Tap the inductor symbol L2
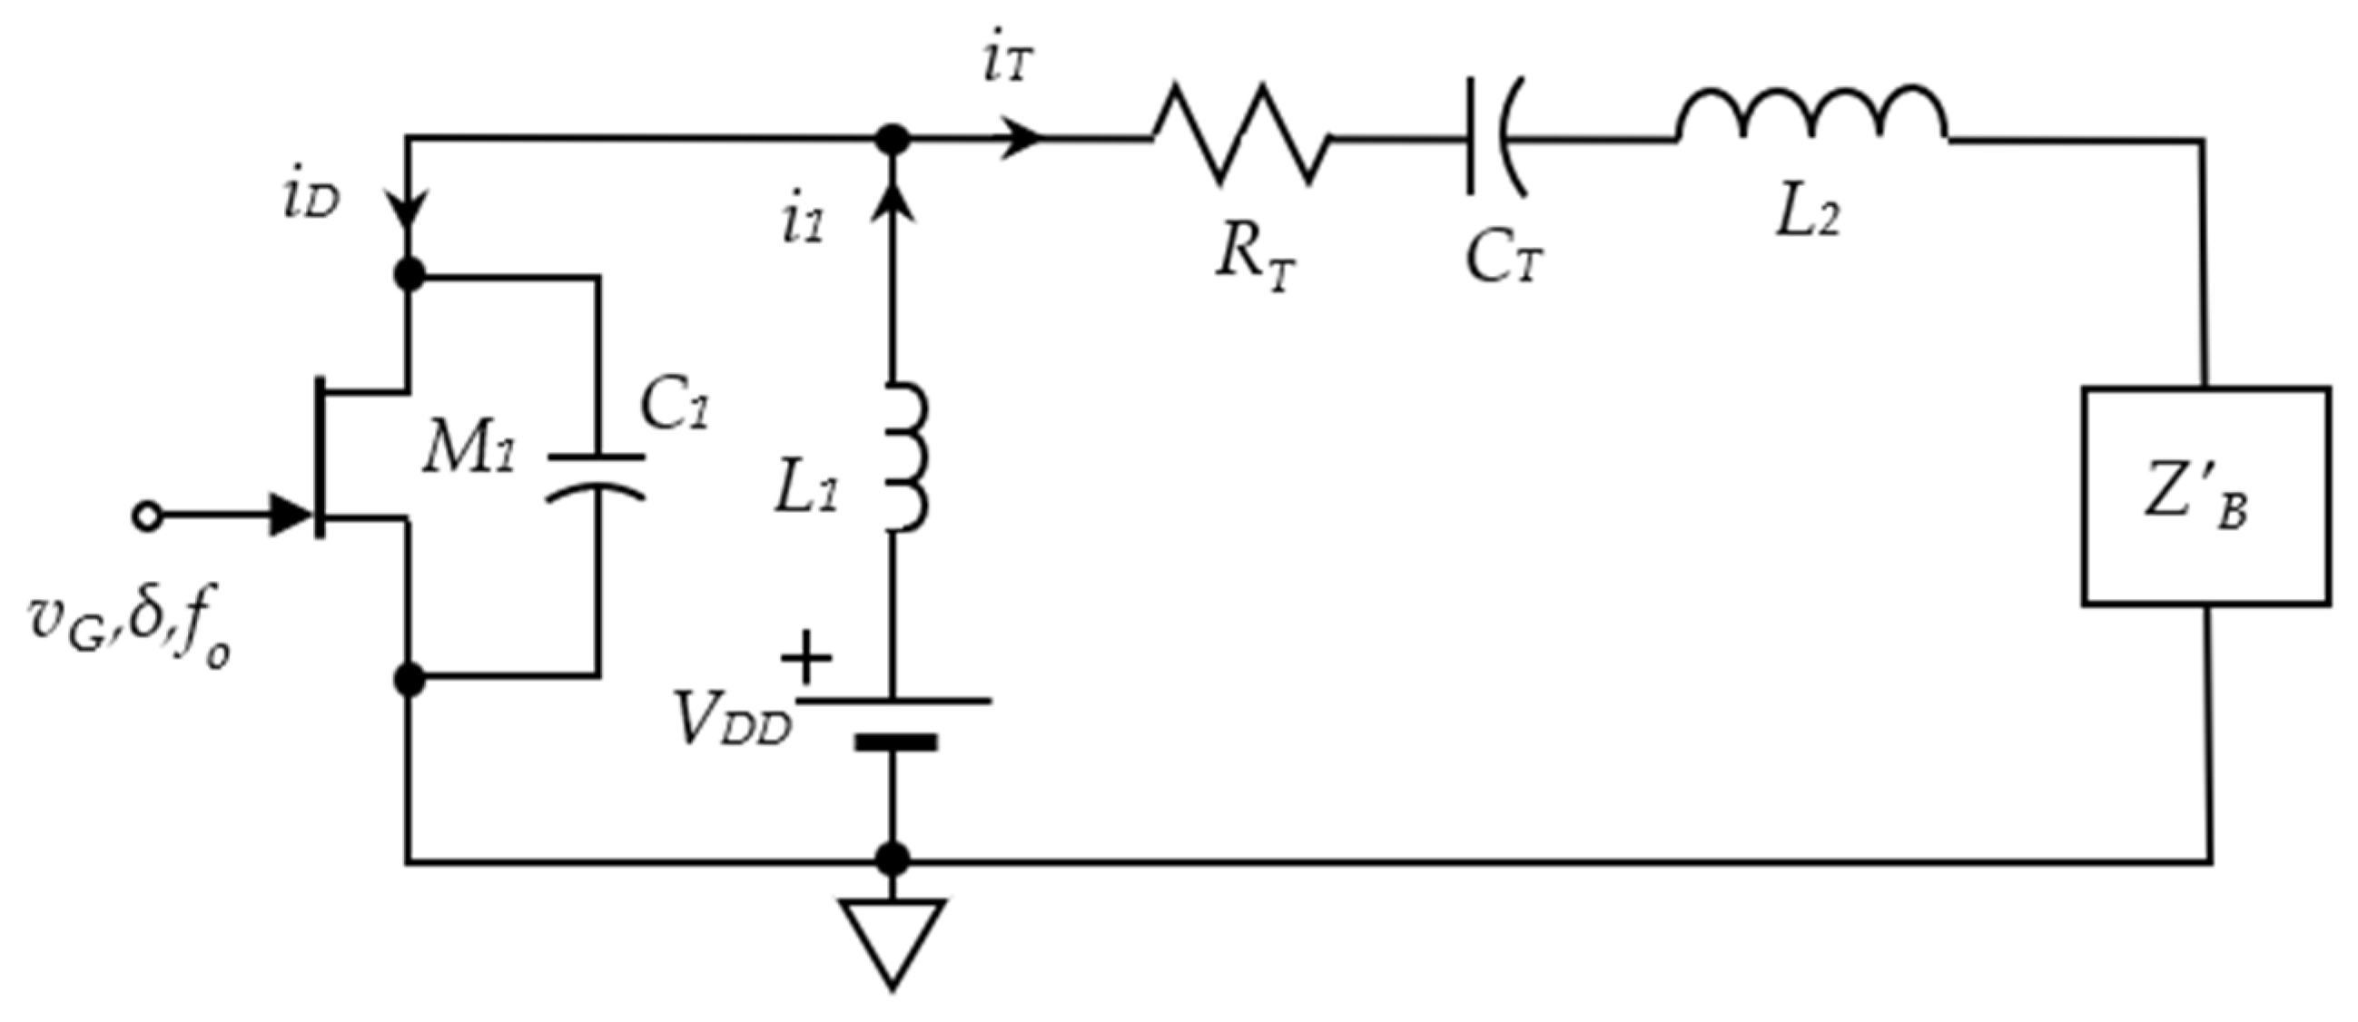coord(1812,119)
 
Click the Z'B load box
coord(2206,496)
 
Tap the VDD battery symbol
coord(895,722)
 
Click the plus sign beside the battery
coord(805,657)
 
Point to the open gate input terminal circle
coord(146,516)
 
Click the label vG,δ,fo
coord(128,632)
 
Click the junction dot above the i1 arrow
coord(893,139)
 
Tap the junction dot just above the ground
coord(893,860)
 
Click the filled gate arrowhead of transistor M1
coord(293,516)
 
